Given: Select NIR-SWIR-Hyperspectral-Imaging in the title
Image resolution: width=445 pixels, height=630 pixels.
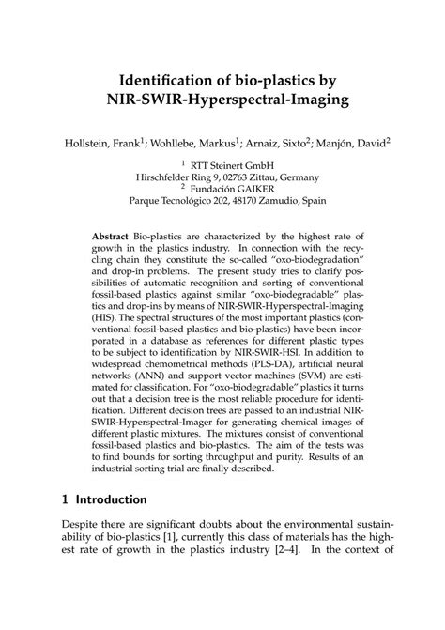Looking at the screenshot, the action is click(x=222, y=97).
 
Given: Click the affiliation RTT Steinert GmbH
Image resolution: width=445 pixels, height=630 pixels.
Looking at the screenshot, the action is click(x=226, y=163).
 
